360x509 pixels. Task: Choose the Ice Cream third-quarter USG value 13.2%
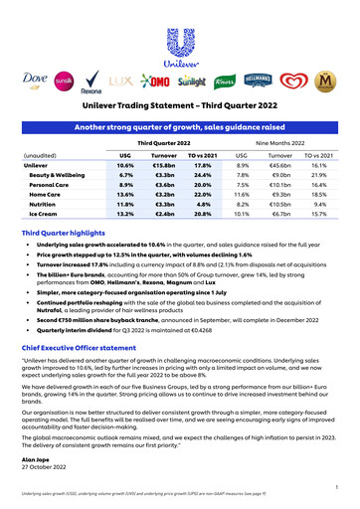click(125, 213)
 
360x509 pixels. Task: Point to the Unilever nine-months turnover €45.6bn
click(280, 164)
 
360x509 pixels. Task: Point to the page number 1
click(337, 486)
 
